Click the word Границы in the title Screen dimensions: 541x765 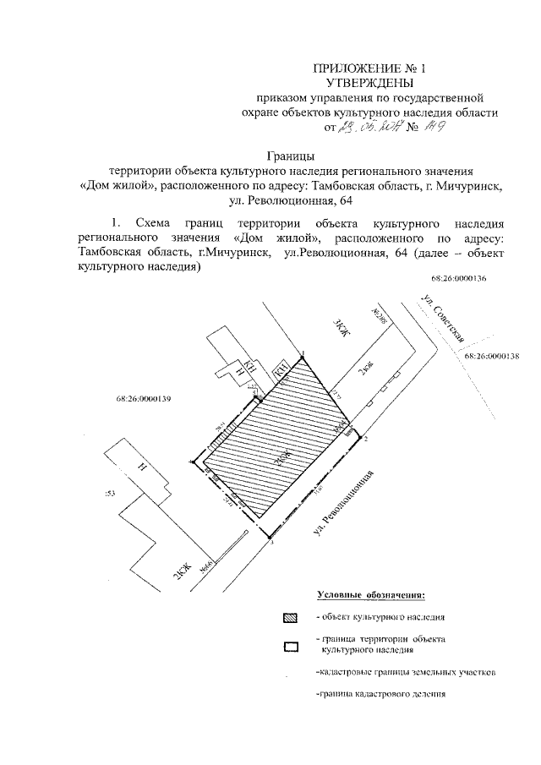(x=292, y=156)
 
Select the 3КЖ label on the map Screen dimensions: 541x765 (x=339, y=328)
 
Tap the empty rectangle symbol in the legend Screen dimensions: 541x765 (x=291, y=648)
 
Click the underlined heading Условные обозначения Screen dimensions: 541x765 (x=371, y=597)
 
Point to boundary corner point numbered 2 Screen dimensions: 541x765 (x=366, y=440)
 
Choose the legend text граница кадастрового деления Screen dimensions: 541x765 (x=379, y=695)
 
